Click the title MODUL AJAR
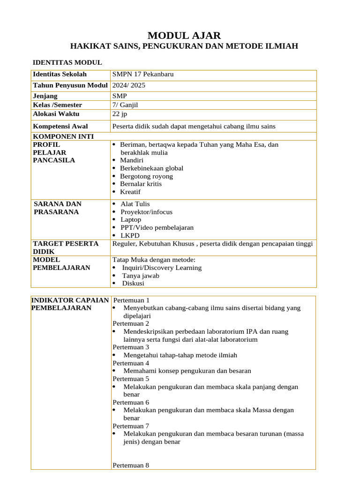pyautogui.click(x=184, y=36)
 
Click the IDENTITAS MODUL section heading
pyautogui.click(x=67, y=62)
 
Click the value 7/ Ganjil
pyautogui.click(x=125, y=105)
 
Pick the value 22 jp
pyautogui.click(x=120, y=114)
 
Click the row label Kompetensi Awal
pyautogui.click(x=60, y=126)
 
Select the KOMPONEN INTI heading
pyautogui.click(x=63, y=136)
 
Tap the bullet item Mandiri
pyautogui.click(x=131, y=160)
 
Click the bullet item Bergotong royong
pyautogui.click(x=146, y=176)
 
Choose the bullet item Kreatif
pyautogui.click(x=130, y=192)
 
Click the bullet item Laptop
pyautogui.click(x=130, y=219)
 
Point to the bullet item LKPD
pyautogui.click(x=130, y=235)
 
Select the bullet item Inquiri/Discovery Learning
pyautogui.click(x=162, y=268)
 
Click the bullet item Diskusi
pyautogui.click(x=133, y=283)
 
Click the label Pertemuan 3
pyautogui.click(x=131, y=347)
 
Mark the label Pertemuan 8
pyautogui.click(x=131, y=465)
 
